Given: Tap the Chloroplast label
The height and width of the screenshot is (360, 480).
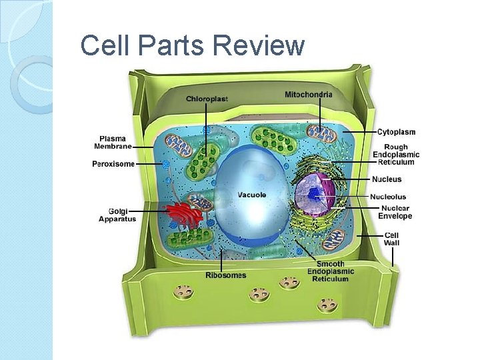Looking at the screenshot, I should point(207,99).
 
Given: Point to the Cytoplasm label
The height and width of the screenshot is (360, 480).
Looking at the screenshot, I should point(396,132).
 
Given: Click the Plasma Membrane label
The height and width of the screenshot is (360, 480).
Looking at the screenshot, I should point(113,142).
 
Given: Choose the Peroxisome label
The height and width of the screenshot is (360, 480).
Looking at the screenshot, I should point(113,163).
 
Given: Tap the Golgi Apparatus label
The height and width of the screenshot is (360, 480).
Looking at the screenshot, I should point(117,215).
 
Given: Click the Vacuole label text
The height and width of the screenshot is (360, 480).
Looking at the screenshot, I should point(252,195).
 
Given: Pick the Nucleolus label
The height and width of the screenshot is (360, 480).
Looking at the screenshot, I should point(389,197).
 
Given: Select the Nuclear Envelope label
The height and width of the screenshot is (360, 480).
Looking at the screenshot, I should point(395,212).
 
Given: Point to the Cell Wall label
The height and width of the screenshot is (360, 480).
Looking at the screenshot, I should point(391,239).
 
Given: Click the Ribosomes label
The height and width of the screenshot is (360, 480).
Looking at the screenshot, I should point(225,275).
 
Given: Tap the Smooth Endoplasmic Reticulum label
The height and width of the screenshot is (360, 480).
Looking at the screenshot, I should point(331,271).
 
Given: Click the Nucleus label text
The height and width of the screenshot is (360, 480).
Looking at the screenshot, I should point(387,179).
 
